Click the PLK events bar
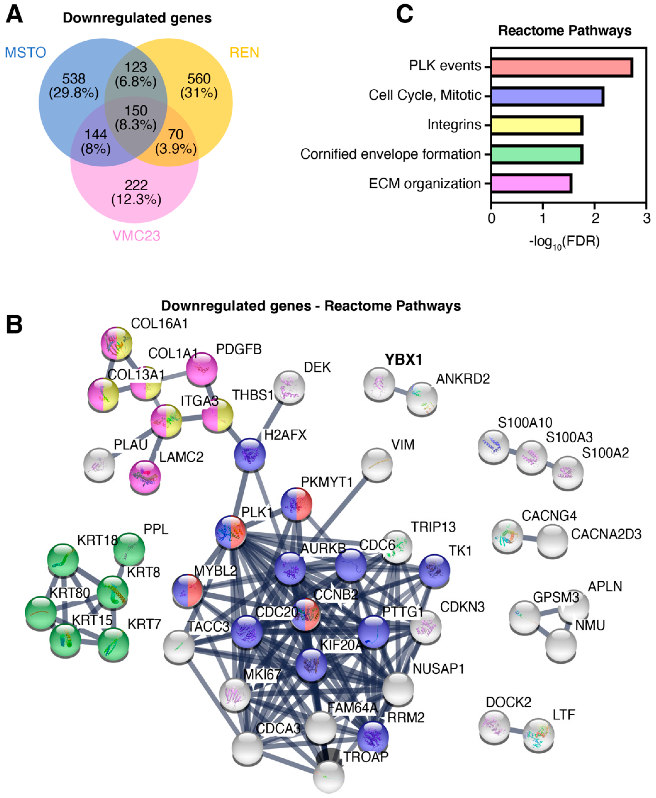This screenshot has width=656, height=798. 561,68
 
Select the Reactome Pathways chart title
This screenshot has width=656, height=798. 564,31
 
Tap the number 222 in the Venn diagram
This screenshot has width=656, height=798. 136,185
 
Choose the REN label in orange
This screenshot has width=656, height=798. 244,53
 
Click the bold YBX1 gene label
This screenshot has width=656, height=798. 403,360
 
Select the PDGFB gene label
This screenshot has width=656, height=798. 238,349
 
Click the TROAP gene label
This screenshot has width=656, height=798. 365,757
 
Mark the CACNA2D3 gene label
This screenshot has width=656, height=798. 606,534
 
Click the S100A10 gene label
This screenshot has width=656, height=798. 525,423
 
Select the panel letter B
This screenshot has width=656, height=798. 14,324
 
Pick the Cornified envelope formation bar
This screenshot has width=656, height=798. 537,154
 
